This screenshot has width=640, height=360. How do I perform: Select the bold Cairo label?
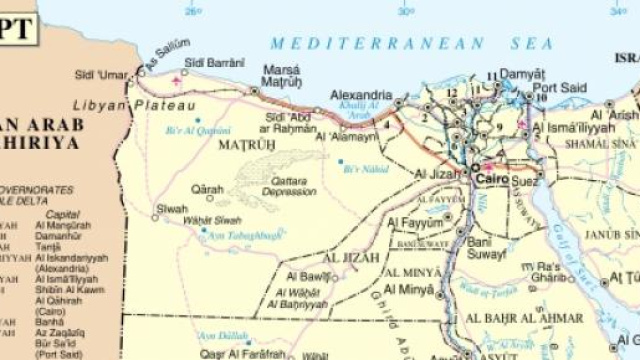(491, 178)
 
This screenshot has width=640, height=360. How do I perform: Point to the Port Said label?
(559, 87)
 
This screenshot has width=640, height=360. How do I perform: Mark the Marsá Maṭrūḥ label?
(281, 76)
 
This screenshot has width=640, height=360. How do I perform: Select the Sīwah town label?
(172, 209)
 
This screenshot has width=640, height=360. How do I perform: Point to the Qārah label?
(207, 188)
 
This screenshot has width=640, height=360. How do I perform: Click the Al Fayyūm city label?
(415, 222)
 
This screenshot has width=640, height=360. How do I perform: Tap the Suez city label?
(524, 181)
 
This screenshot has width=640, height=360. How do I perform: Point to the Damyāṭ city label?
(521, 73)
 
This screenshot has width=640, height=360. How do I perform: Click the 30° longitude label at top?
(405, 12)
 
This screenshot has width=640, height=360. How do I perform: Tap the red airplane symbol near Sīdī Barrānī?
(178, 78)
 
